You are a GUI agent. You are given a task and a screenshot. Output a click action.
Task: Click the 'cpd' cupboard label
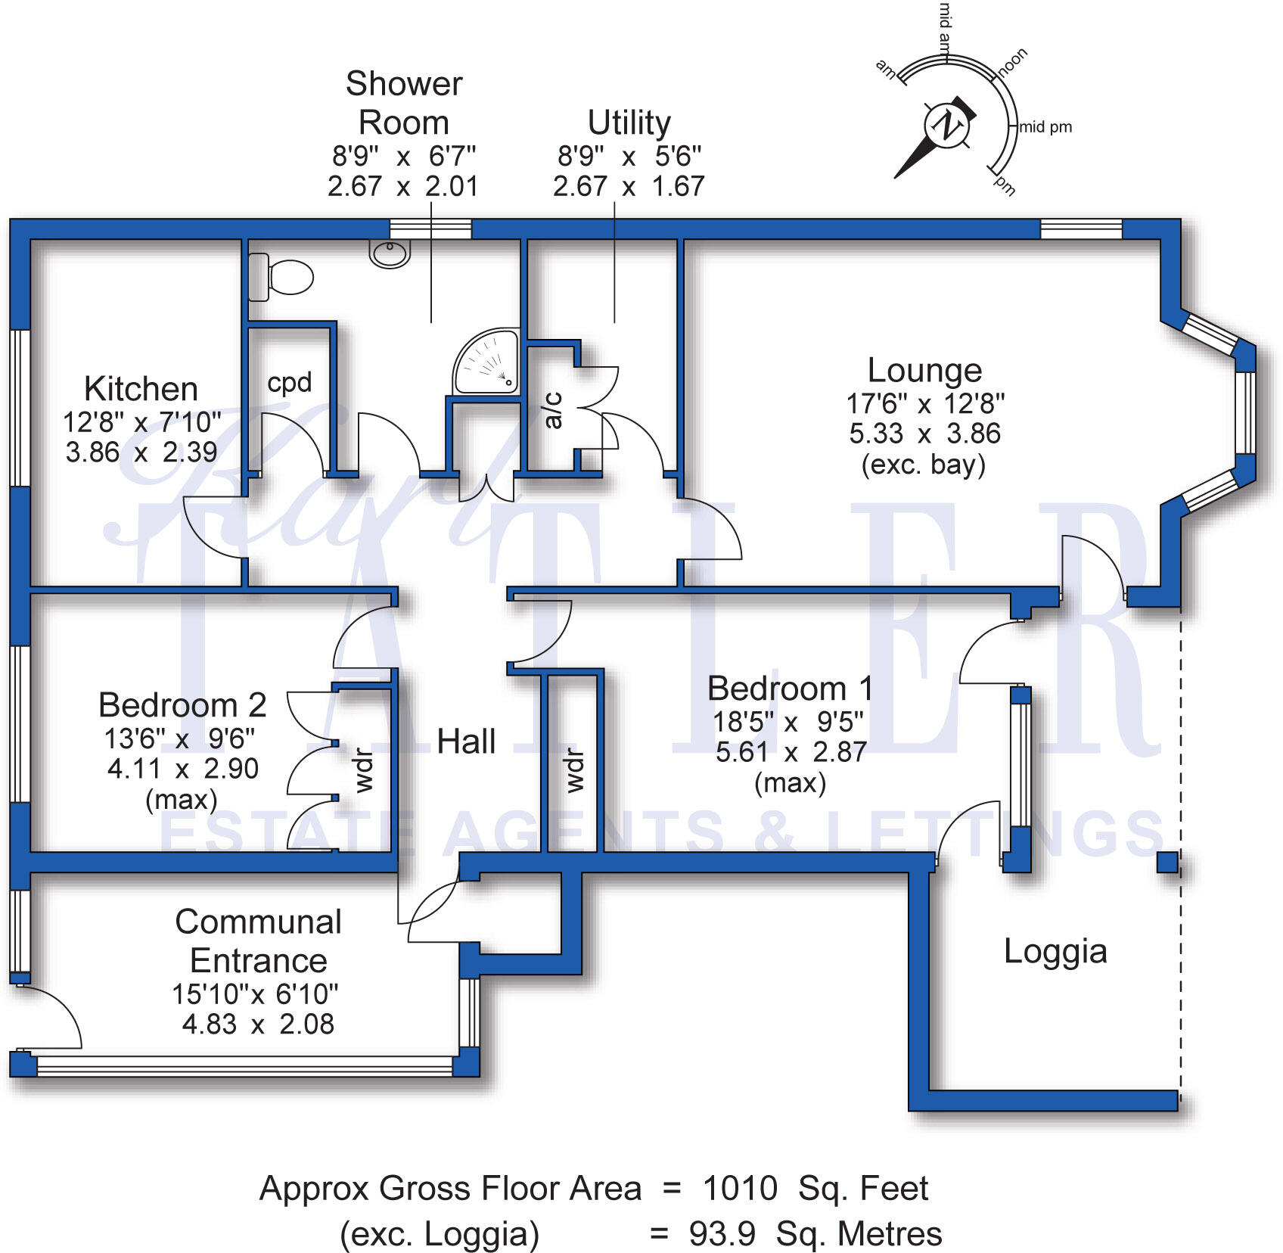(x=290, y=382)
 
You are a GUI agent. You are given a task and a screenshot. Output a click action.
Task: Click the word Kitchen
(x=141, y=389)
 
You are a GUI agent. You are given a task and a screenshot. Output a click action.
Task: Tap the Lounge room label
(x=924, y=371)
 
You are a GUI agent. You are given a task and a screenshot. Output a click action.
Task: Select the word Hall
(x=466, y=742)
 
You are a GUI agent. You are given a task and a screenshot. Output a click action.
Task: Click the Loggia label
(x=1055, y=951)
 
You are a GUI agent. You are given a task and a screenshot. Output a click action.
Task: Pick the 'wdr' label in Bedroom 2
(x=364, y=770)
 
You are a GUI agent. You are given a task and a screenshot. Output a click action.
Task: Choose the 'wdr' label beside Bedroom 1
(x=575, y=771)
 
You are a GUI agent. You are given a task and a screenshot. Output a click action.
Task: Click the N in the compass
(x=946, y=123)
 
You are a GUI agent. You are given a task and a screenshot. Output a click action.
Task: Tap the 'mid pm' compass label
(x=1046, y=127)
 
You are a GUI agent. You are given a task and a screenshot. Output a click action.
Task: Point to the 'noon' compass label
(x=1013, y=61)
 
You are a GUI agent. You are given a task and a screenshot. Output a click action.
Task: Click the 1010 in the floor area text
(x=740, y=1189)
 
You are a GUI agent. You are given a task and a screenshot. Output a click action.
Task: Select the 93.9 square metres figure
(x=722, y=1234)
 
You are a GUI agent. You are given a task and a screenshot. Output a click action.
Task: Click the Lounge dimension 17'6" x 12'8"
(x=925, y=404)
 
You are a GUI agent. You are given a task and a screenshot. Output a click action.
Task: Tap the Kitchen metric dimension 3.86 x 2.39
(x=141, y=452)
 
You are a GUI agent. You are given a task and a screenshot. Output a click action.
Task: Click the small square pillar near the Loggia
(x=1167, y=863)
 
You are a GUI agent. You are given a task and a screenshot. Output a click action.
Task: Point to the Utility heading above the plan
(x=629, y=123)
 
